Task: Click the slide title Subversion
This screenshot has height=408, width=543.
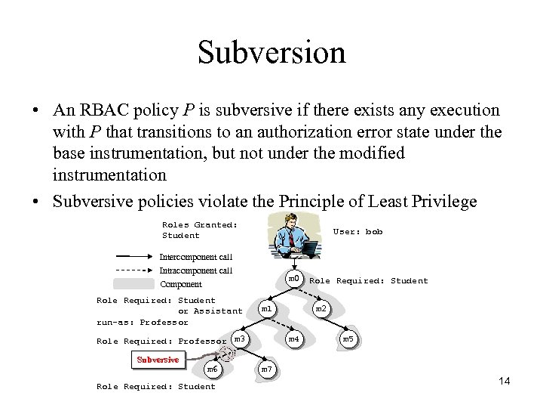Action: coord(271,52)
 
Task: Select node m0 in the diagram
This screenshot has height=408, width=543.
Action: coord(294,279)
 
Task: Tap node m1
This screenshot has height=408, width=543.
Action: coord(266,309)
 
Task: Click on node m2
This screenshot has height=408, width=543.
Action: coord(321,309)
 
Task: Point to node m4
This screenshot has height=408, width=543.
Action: coord(294,339)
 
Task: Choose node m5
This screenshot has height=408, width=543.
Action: coord(348,339)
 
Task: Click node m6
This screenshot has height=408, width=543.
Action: coord(213,369)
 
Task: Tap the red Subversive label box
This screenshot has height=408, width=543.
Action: coord(158,360)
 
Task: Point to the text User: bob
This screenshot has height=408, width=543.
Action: coord(357,231)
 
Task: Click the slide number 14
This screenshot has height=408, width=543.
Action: coord(505,381)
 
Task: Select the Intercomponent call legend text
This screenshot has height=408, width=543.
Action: coord(195,257)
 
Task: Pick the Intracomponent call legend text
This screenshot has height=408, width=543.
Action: coord(195,270)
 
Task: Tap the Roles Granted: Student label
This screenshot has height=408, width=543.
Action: coord(199,230)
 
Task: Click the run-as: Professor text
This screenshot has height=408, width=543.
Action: coord(132,322)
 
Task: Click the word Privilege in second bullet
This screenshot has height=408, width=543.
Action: coord(445,201)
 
